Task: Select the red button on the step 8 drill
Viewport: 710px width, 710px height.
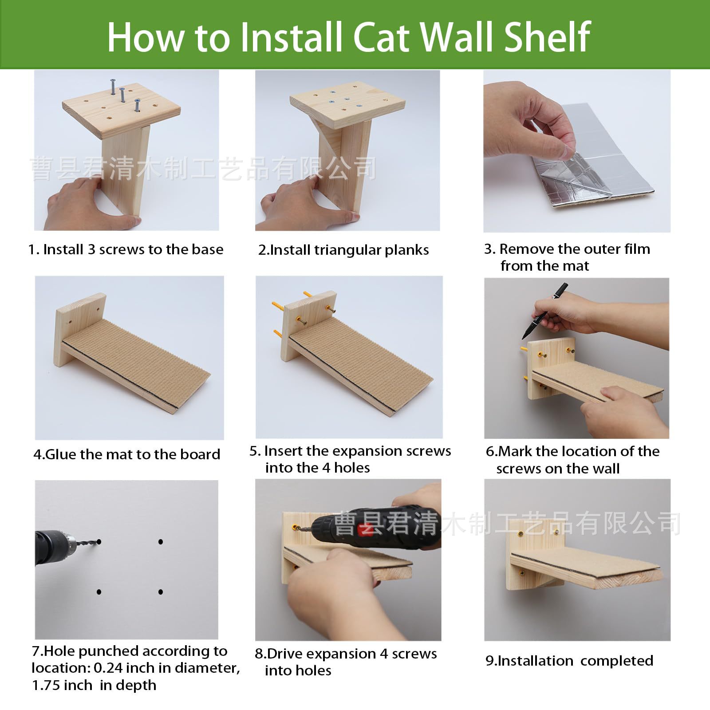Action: coord(365,529)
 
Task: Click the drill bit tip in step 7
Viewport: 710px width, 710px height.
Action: coord(99,542)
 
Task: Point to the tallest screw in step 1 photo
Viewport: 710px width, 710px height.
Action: coord(113,87)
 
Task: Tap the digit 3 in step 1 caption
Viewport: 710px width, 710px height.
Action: coord(91,249)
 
